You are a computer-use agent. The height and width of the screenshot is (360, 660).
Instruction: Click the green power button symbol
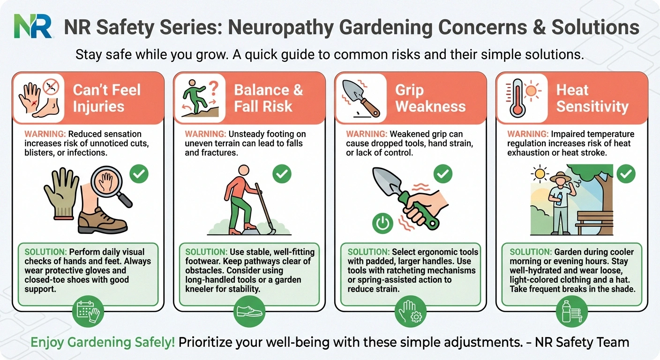click(x=383, y=223)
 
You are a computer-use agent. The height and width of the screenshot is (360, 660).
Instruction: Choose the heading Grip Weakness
click(x=430, y=98)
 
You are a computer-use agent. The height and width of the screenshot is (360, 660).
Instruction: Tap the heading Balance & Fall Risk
click(x=269, y=98)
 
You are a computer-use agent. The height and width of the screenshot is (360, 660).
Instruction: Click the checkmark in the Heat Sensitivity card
click(x=625, y=174)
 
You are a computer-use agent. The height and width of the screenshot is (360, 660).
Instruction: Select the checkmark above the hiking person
click(x=281, y=174)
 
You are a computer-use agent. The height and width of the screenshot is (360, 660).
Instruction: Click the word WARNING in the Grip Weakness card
click(x=363, y=134)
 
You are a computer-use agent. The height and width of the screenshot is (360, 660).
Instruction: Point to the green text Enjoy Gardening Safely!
click(x=103, y=342)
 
